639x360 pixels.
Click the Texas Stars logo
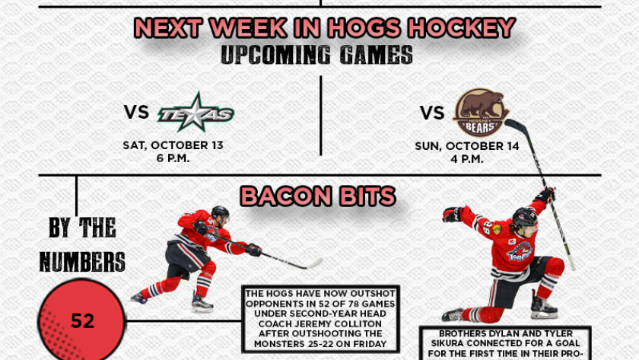tap(196, 113)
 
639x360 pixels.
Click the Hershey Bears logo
tap(481, 113)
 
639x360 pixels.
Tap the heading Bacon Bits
tap(318, 196)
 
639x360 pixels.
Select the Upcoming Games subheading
tap(317, 55)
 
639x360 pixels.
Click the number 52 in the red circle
tap(82, 321)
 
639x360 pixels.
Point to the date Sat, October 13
tap(173, 145)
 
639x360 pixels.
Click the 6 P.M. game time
tap(173, 158)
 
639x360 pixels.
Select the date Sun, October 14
tap(467, 146)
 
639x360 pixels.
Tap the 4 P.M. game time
tap(467, 158)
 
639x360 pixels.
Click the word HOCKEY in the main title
tap(463, 27)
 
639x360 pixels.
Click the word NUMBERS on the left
tap(82, 261)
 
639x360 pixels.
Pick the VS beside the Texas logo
tap(136, 112)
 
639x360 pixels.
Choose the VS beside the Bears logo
tap(432, 113)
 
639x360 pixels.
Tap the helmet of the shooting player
tap(220, 212)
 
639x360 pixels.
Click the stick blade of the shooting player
tap(313, 264)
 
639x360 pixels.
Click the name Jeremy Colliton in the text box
tap(320, 323)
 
